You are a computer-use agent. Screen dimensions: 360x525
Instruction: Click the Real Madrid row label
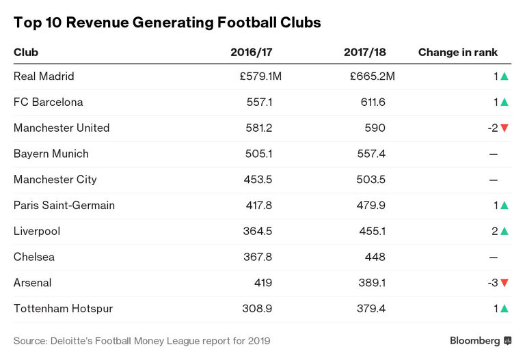[44, 77]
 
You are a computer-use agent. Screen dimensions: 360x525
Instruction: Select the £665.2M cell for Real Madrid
[372, 77]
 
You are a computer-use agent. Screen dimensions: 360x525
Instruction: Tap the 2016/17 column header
[252, 52]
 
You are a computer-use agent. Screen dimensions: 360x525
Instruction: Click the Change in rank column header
[457, 52]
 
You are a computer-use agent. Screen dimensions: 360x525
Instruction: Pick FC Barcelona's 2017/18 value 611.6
[373, 102]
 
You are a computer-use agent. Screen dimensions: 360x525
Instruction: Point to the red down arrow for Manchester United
[504, 128]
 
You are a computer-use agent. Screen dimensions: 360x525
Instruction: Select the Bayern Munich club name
[51, 154]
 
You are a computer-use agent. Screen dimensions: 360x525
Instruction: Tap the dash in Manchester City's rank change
[493, 180]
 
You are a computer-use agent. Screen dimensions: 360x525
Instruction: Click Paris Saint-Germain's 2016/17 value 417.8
[259, 206]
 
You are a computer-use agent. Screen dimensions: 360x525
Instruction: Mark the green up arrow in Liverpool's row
[504, 232]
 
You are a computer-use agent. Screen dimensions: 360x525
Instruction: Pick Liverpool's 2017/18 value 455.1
[373, 232]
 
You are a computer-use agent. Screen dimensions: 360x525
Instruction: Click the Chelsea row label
[34, 258]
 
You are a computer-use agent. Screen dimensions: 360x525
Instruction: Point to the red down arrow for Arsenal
[504, 283]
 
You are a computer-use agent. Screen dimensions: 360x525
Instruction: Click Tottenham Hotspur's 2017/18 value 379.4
[373, 309]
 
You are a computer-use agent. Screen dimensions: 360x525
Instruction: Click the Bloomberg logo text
[474, 340]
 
